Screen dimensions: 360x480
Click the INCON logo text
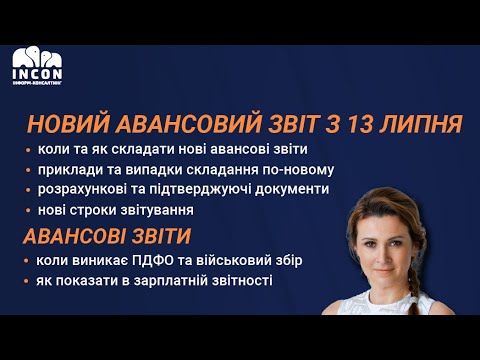coord(36,73)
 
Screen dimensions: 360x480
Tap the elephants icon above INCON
coord(36,56)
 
